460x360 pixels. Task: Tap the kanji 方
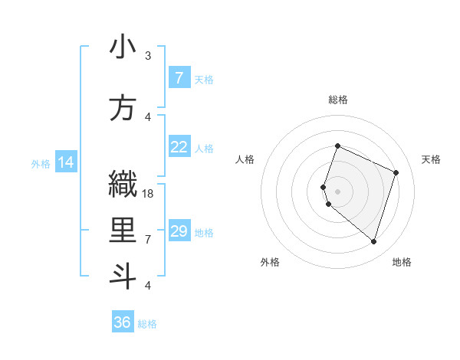123,108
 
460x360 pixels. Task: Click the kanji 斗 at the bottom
123,277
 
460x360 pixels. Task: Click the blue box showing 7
179,78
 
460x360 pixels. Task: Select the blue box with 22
179,147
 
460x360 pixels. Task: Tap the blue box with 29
179,231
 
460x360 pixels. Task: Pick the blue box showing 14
65,162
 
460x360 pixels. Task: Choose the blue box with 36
122,322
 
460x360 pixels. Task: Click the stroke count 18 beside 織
149,194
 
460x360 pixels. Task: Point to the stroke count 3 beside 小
148,56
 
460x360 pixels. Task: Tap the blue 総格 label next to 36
147,324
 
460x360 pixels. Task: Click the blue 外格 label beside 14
41,163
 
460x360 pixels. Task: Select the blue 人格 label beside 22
204,149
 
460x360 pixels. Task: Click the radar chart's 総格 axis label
337,100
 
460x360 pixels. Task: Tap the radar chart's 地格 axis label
402,262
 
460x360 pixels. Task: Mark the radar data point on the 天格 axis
396,172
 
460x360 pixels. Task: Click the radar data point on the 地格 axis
373,241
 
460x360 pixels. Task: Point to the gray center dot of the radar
337,191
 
